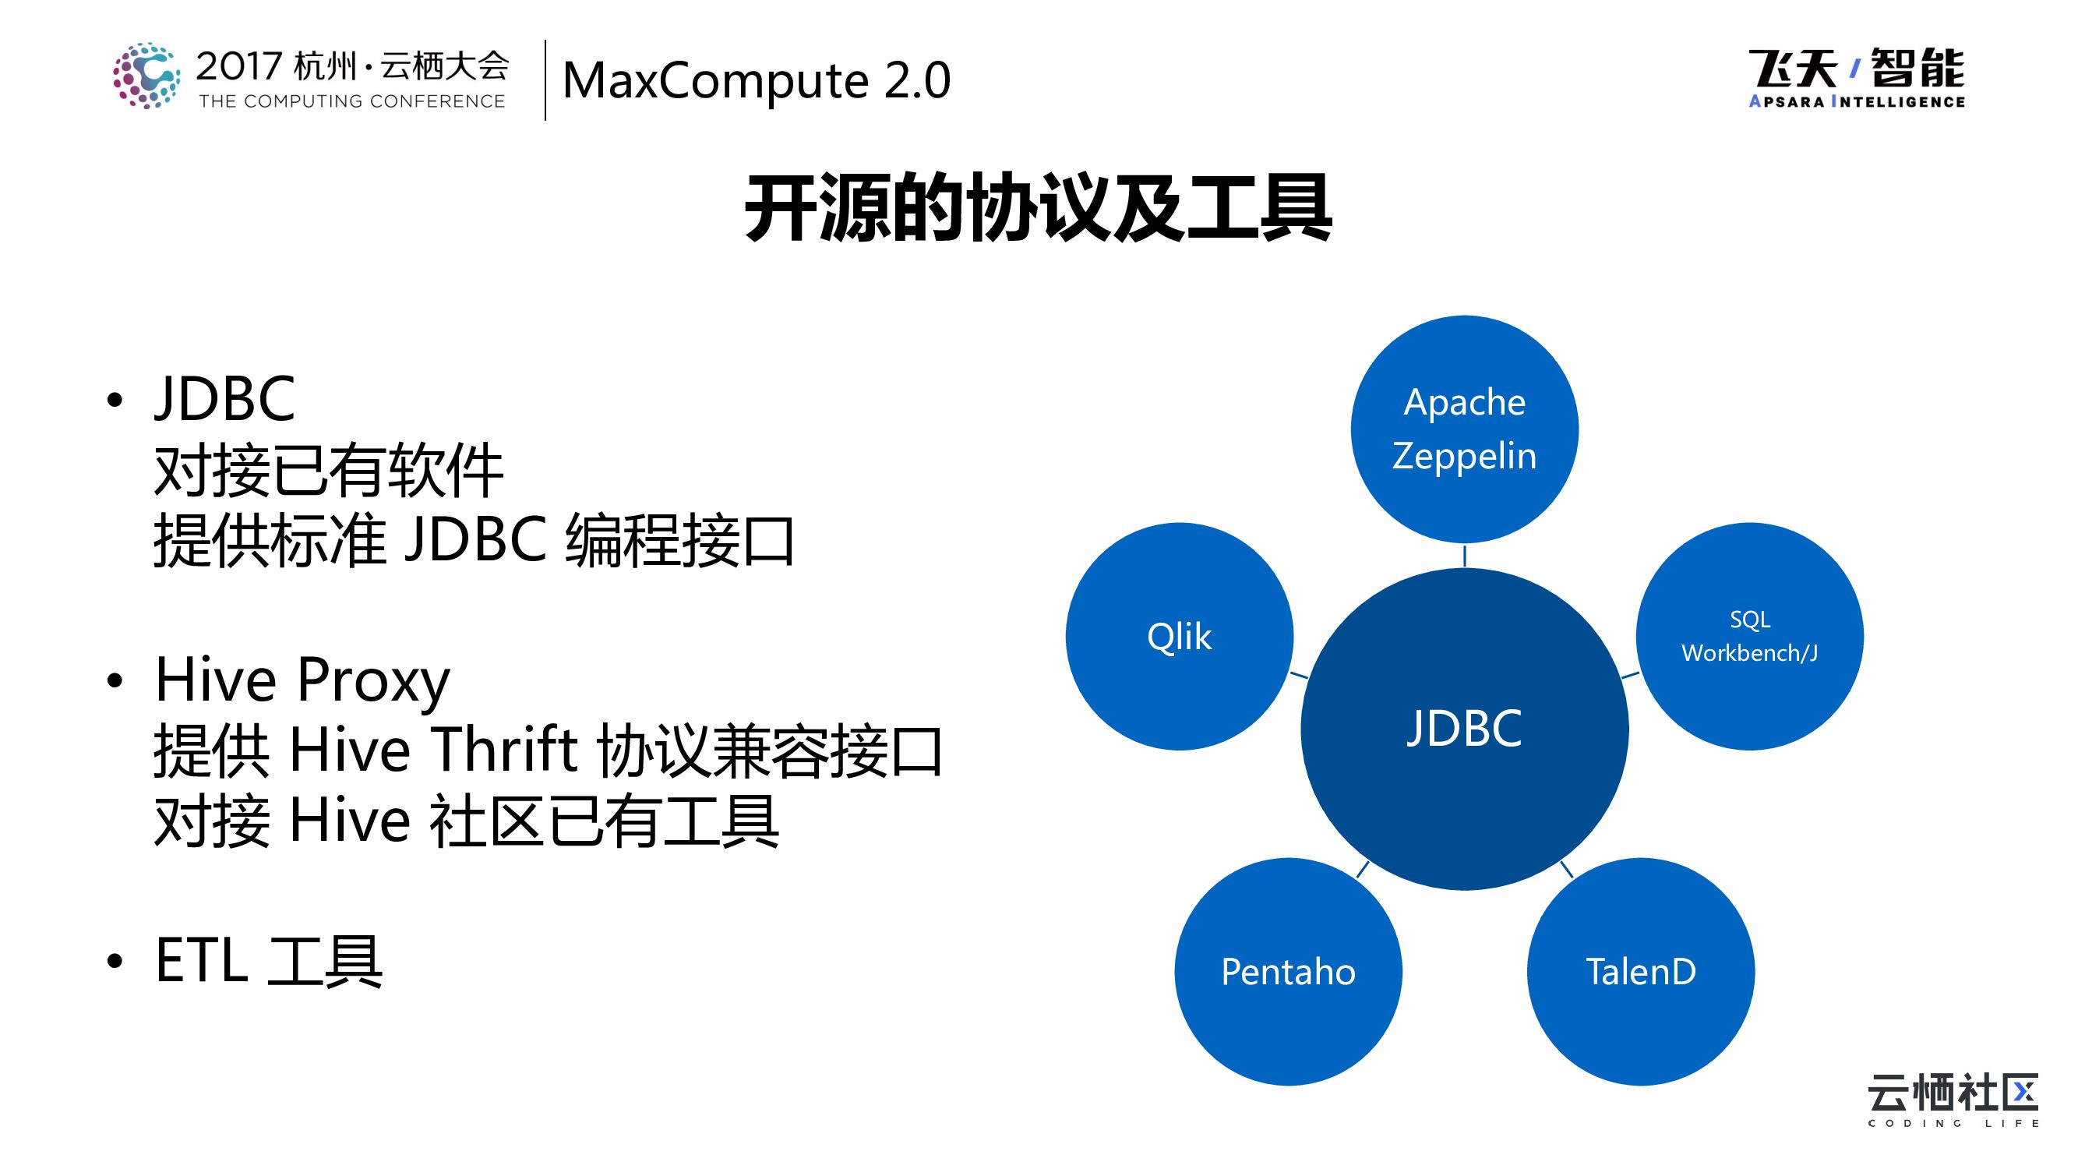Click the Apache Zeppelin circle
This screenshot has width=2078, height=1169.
(1464, 429)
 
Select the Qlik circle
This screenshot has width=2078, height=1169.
(1179, 637)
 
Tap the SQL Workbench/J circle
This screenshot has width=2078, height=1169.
(1749, 637)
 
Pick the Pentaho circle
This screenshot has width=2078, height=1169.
(1287, 971)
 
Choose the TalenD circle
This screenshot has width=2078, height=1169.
(1640, 971)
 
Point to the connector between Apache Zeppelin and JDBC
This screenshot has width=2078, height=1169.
(1464, 555)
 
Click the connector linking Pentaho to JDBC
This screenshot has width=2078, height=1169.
(1364, 869)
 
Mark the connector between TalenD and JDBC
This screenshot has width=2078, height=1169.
(1567, 869)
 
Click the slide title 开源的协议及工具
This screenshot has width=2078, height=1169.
(1038, 208)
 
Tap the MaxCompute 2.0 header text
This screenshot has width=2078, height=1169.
(756, 81)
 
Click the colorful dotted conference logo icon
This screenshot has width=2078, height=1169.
(146, 75)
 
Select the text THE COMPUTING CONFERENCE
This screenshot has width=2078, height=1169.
(351, 101)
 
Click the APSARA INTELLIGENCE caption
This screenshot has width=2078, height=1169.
(1856, 101)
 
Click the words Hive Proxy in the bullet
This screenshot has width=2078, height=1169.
(302, 680)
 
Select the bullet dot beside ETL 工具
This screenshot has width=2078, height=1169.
(115, 961)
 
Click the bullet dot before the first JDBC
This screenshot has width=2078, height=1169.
(115, 399)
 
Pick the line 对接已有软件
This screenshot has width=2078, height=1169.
(328, 471)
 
